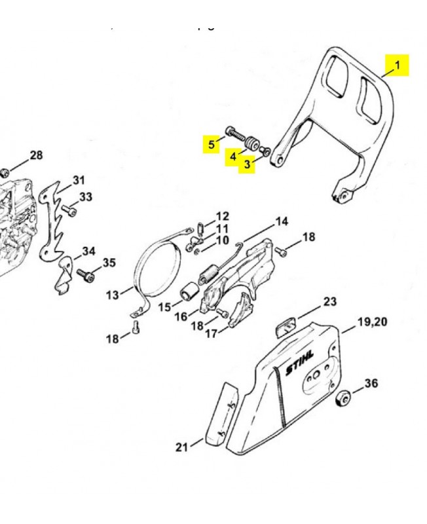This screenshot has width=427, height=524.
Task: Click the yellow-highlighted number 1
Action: point(397,65)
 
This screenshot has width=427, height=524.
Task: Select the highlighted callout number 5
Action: point(211,144)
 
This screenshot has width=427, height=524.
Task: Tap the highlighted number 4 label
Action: point(232,157)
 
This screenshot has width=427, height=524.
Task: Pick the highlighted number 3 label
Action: point(247,165)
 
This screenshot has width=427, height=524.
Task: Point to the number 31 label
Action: point(79,180)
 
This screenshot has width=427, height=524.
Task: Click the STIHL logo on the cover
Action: point(299,362)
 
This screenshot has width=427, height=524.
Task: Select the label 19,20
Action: point(372,322)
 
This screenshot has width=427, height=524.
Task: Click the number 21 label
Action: point(181,447)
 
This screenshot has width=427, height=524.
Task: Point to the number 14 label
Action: point(281,221)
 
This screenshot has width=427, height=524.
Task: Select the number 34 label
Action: point(88,251)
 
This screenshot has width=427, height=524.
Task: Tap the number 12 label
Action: point(223,215)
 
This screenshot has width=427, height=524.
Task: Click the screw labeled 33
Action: point(69,211)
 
